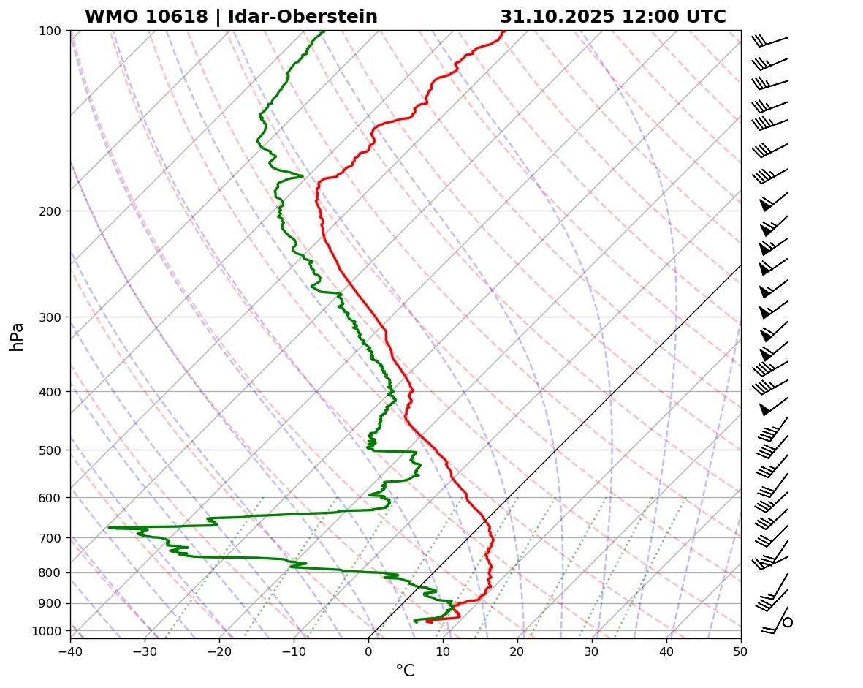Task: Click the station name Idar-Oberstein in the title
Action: [x=303, y=17]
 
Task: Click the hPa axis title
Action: [x=18, y=336]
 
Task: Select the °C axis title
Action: [x=405, y=670]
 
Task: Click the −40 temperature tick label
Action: [x=70, y=650]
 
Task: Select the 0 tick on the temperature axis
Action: [x=368, y=650]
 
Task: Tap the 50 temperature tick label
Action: [x=741, y=650]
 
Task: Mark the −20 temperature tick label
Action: [x=219, y=650]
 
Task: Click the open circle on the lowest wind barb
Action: [x=788, y=622]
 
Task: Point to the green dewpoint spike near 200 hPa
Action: [x=301, y=175]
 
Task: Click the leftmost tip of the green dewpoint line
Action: [x=109, y=527]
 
